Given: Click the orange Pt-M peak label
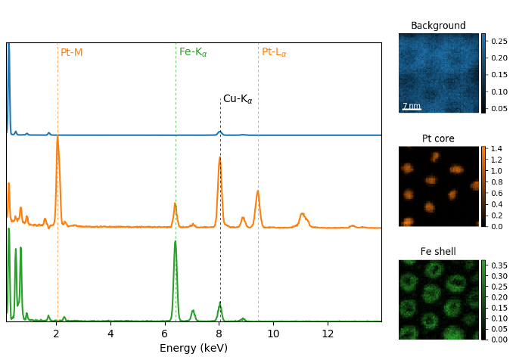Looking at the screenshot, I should click(x=72, y=52).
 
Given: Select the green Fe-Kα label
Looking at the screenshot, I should click(x=193, y=52).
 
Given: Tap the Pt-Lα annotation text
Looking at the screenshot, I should click(x=274, y=52).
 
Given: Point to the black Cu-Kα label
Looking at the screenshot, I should click(x=238, y=99).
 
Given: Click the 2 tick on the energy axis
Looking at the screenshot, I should click(x=56, y=334).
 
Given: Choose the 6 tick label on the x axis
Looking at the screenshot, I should click(x=165, y=334).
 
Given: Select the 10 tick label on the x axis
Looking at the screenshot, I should click(x=273, y=334).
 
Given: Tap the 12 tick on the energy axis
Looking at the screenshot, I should click(x=328, y=334).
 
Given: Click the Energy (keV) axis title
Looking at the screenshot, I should click(x=194, y=349).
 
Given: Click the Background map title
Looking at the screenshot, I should click(x=438, y=26).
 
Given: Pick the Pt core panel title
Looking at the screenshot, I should click(x=438, y=138).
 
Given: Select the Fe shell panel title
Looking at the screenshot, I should click(x=438, y=252).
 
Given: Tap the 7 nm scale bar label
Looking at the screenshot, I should click(x=411, y=106).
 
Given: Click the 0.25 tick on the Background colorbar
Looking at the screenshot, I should click(x=499, y=41).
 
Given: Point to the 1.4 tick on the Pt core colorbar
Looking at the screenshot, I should click(x=496, y=149).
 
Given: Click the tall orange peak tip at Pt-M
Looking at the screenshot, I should click(x=58, y=137).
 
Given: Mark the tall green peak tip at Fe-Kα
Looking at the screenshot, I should click(x=176, y=241).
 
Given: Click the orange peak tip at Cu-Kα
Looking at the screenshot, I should click(x=220, y=157).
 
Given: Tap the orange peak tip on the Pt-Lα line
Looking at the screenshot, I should click(x=258, y=191).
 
